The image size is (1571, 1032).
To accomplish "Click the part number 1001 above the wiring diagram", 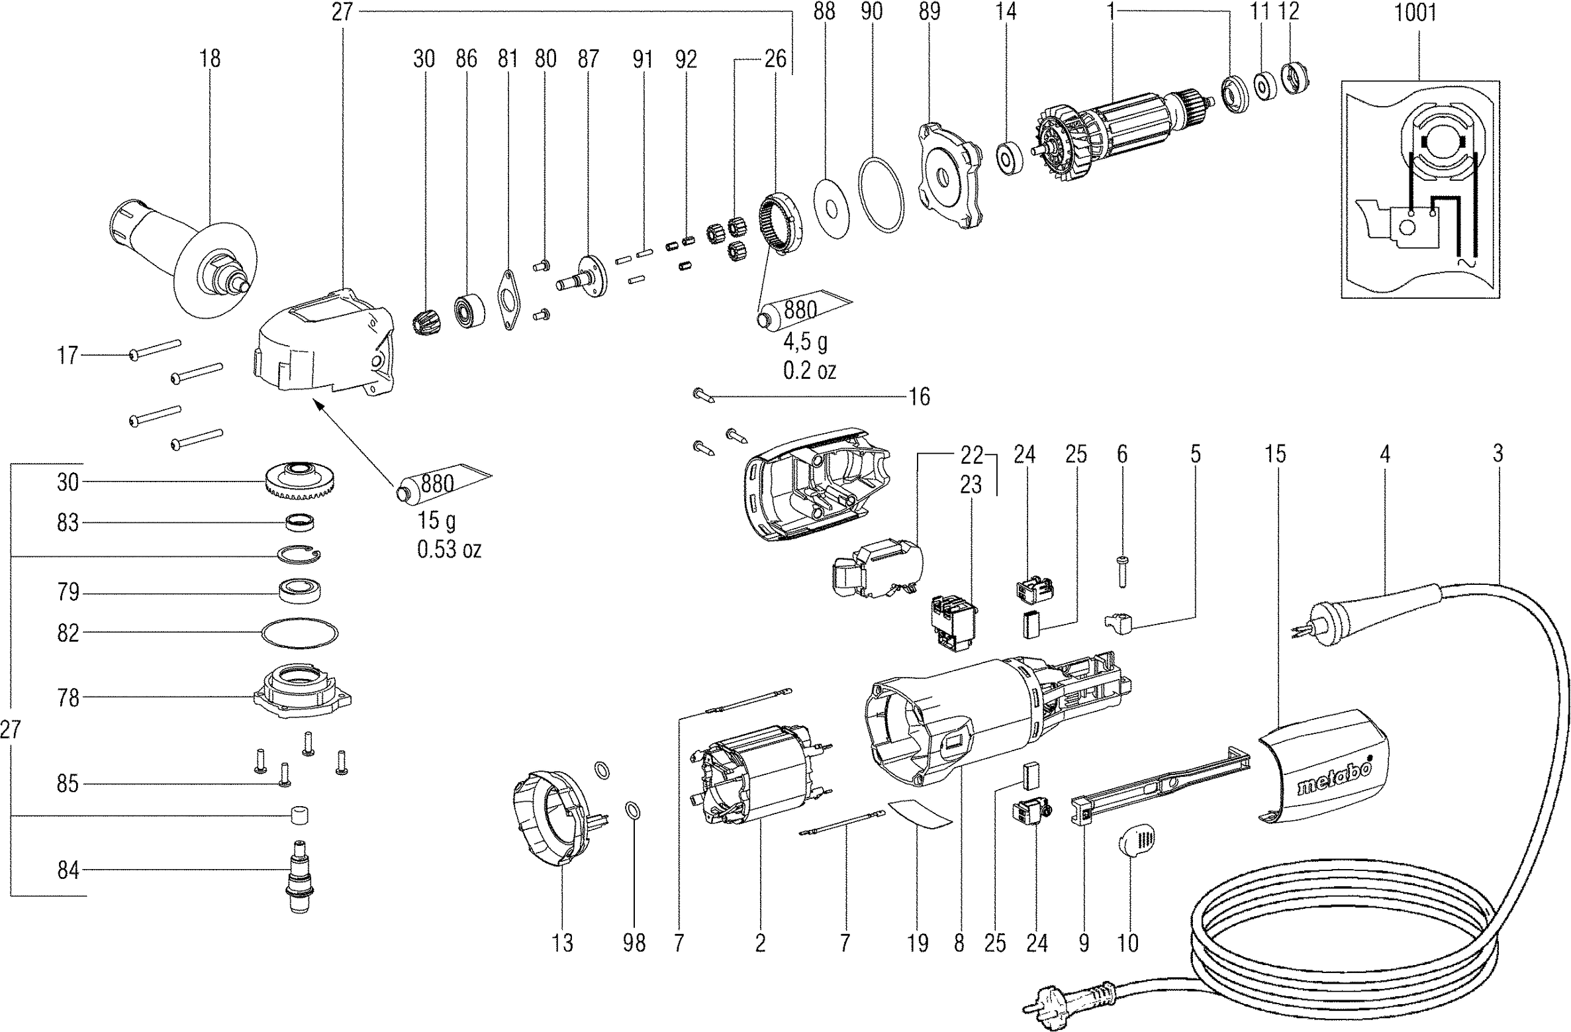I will click(1415, 13).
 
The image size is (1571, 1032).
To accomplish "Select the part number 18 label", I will click(210, 59).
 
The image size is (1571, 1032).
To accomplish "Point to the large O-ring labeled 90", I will click(881, 195).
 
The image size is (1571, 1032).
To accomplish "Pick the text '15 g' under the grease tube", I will click(436, 521).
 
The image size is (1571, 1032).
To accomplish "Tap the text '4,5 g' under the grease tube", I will click(805, 342).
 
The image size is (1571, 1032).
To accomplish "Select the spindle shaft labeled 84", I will click(300, 876).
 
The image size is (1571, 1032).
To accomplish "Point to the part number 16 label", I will click(919, 397).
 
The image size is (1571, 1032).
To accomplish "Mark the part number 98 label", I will click(634, 943).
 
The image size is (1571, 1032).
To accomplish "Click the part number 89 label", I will click(929, 13).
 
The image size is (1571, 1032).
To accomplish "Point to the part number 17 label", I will click(68, 355).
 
